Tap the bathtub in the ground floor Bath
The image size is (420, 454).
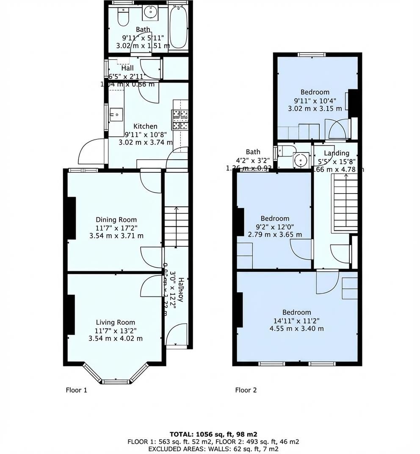click(178, 28)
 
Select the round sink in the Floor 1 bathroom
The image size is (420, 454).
click(150, 13)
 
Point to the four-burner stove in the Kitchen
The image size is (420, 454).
click(180, 119)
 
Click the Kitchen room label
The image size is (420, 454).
click(145, 126)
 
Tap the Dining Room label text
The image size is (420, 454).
click(116, 219)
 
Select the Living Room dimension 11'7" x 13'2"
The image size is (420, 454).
click(116, 330)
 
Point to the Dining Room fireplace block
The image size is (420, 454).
click(71, 218)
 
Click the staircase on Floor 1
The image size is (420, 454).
click(176, 227)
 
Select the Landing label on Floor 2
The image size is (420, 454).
click(337, 153)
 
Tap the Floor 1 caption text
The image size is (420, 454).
click(76, 390)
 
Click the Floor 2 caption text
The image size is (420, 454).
click(246, 390)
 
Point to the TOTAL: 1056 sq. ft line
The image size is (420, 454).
click(213, 434)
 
